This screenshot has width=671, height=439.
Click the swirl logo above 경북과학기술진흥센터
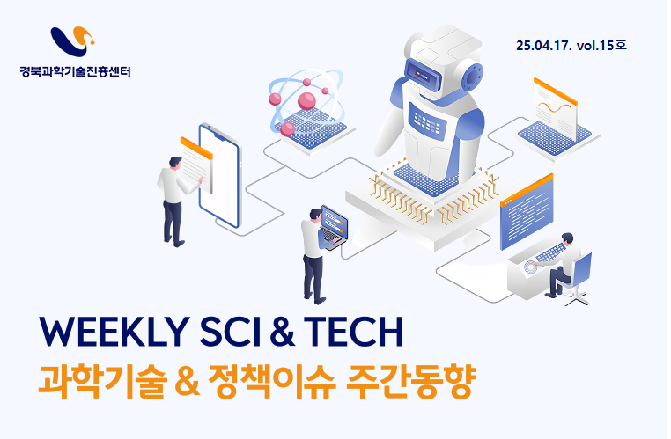coord(72,41)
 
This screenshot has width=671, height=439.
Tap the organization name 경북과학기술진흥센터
coord(75,71)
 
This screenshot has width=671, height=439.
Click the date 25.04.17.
coord(543,46)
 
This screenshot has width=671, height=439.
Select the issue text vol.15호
coord(601,45)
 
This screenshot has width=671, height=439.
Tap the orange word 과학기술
coord(102,381)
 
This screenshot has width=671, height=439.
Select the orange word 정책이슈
coord(272,381)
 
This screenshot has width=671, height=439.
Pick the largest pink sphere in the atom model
coord(306,101)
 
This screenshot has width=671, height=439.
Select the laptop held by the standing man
coord(334,227)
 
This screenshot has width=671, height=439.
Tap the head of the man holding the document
coord(175,164)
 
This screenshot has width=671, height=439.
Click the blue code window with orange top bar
coord(527,212)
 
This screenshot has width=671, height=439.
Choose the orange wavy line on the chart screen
coord(554,108)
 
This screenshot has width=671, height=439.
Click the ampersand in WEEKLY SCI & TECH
coord(283,333)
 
